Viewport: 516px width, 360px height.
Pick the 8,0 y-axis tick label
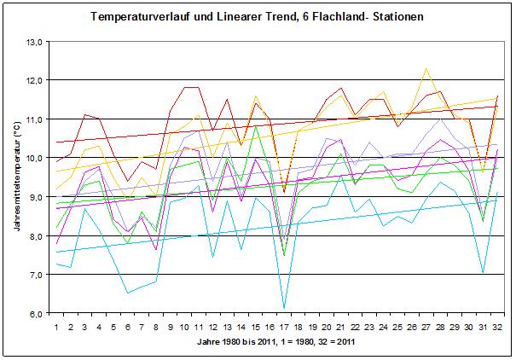click(x=34, y=235)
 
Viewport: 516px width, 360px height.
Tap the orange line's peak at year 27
click(x=426, y=68)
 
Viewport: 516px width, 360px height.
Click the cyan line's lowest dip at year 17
click(x=284, y=308)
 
